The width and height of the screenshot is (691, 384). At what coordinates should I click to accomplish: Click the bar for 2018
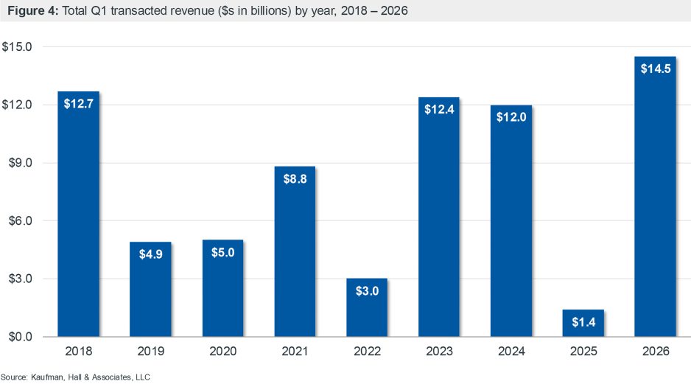click(x=78, y=214)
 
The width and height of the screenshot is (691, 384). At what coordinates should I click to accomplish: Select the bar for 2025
click(x=583, y=323)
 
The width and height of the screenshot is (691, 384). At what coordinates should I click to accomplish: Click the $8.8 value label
click(x=294, y=179)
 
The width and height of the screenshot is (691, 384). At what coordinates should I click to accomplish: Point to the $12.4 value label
click(x=438, y=109)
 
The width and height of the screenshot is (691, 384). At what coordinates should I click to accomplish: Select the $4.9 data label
click(x=150, y=254)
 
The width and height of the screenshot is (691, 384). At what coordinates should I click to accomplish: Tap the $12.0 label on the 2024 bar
click(x=511, y=117)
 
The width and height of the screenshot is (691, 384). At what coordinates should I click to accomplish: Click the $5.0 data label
click(x=222, y=253)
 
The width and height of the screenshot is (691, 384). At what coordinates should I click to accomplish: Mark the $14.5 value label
click(x=655, y=69)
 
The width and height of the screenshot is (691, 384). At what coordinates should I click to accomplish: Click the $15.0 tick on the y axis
click(x=18, y=46)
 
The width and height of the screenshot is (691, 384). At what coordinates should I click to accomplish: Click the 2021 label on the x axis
click(x=294, y=352)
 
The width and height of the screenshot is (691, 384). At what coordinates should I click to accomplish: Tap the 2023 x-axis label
click(x=438, y=352)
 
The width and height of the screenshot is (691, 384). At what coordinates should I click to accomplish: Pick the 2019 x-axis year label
click(x=150, y=352)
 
